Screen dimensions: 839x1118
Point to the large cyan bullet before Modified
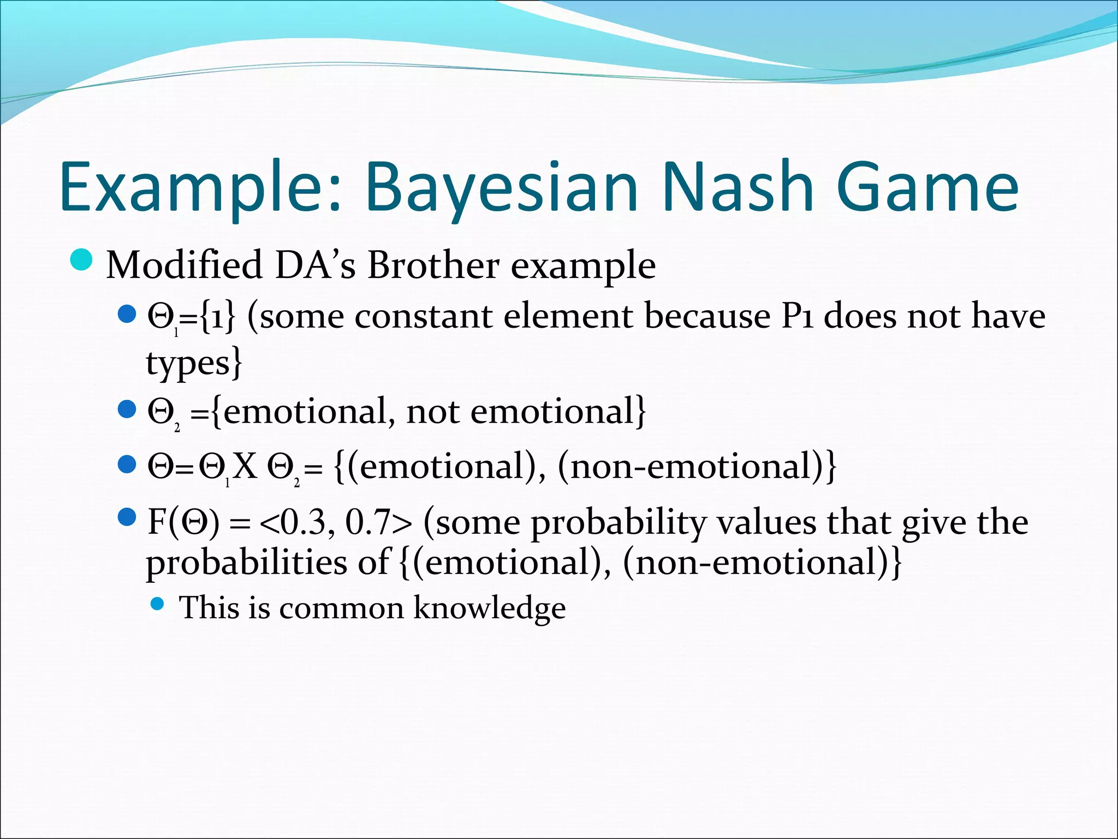point(82,260)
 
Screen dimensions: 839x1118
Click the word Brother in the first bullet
point(433,265)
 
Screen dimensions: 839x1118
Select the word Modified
point(183,265)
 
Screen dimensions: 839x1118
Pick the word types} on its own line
point(193,363)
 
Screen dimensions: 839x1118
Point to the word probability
point(619,523)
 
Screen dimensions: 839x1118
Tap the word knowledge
point(489,608)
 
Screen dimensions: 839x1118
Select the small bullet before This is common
point(157,604)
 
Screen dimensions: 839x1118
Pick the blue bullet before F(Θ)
point(126,517)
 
